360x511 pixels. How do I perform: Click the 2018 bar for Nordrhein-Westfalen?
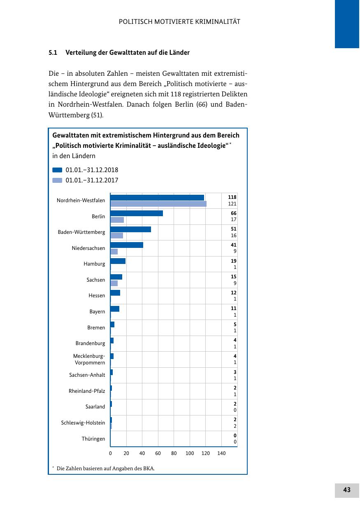157,198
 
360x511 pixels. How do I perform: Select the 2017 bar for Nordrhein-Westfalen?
158,204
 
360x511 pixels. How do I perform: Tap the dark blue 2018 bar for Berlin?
137,213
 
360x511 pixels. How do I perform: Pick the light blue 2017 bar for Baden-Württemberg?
117,236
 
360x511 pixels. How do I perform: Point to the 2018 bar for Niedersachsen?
127,245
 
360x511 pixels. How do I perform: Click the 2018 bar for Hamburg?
118,261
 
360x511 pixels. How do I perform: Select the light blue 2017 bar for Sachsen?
114,283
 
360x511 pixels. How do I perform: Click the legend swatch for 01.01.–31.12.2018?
57,170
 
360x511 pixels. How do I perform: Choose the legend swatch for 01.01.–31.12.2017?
57,180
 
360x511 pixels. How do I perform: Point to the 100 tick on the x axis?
190,453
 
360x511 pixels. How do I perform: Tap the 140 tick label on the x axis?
221,453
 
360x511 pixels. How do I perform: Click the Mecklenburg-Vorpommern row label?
89,359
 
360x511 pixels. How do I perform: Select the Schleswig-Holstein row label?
83,422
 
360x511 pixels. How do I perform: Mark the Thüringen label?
93,439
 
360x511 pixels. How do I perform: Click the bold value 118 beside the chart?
232,197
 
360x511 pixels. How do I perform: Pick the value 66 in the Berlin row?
234,213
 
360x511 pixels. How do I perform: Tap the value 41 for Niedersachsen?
234,245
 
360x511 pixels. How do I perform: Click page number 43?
347,490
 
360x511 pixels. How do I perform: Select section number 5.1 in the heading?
53,53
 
